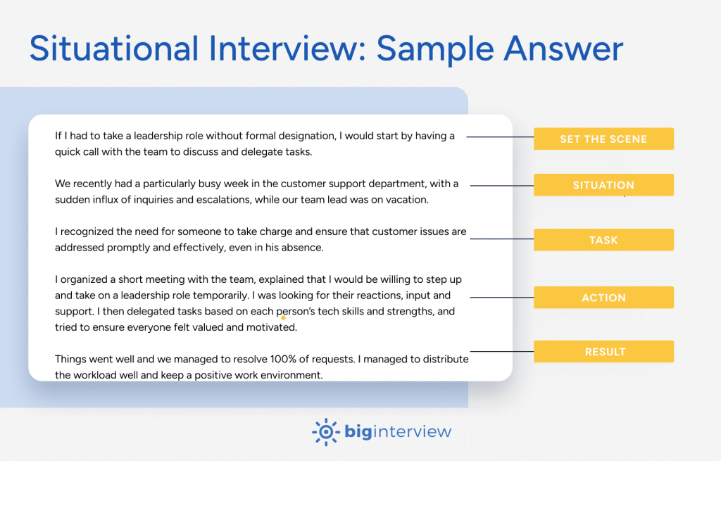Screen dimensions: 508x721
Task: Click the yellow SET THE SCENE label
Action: (x=603, y=139)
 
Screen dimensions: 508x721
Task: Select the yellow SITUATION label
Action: (x=603, y=185)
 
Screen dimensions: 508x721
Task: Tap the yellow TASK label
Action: (x=603, y=240)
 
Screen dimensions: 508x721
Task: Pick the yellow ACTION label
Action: (x=603, y=298)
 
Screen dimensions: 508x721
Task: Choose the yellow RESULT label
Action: (x=603, y=352)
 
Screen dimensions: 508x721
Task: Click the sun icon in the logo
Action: (x=325, y=432)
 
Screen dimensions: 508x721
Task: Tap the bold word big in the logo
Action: (x=358, y=432)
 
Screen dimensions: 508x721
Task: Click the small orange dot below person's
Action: (x=283, y=318)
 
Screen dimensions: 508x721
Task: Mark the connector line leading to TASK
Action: (x=501, y=239)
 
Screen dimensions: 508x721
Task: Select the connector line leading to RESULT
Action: (x=501, y=351)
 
